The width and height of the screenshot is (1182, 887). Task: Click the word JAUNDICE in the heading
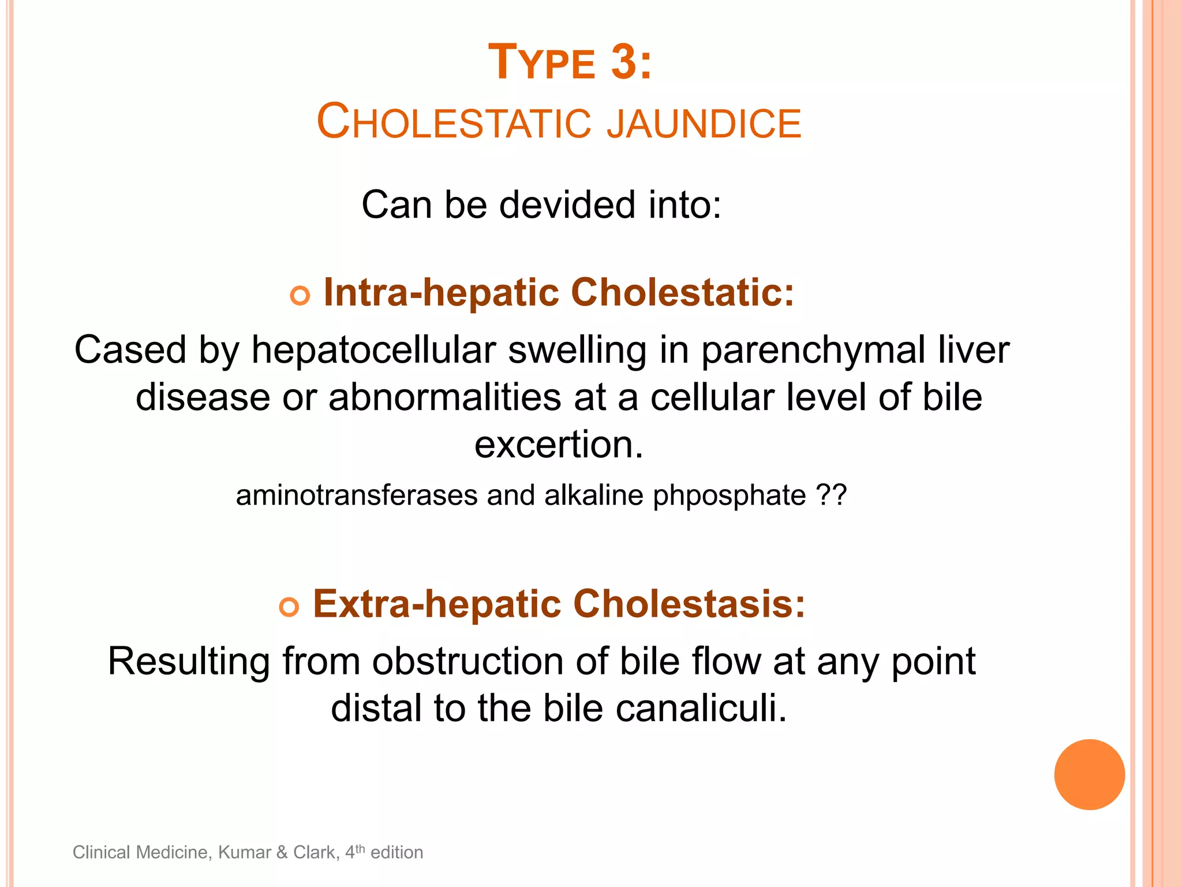704,123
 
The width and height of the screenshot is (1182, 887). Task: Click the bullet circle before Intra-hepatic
300,296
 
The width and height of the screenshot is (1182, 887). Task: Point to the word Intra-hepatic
441,292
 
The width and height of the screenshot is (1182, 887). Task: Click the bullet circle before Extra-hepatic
289,608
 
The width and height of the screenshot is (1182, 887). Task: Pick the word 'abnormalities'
445,398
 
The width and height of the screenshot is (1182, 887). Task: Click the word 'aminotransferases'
357,495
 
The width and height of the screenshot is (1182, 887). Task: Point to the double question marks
832,495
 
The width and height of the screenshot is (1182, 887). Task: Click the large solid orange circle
1089,774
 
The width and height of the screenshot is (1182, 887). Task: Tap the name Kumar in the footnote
244,852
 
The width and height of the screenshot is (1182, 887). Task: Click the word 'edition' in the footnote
397,852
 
